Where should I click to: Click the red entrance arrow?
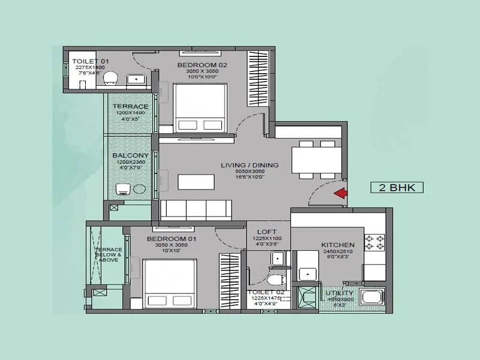click(x=341, y=193)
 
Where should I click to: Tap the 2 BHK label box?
click(x=397, y=187)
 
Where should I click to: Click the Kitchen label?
click(x=337, y=245)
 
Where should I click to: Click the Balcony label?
click(x=130, y=155)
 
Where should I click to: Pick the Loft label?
click(x=266, y=232)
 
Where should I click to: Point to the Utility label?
click(x=341, y=292)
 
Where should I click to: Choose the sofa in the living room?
click(x=196, y=209)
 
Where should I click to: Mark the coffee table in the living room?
click(x=197, y=181)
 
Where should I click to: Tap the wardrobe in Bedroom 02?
click(x=257, y=79)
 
